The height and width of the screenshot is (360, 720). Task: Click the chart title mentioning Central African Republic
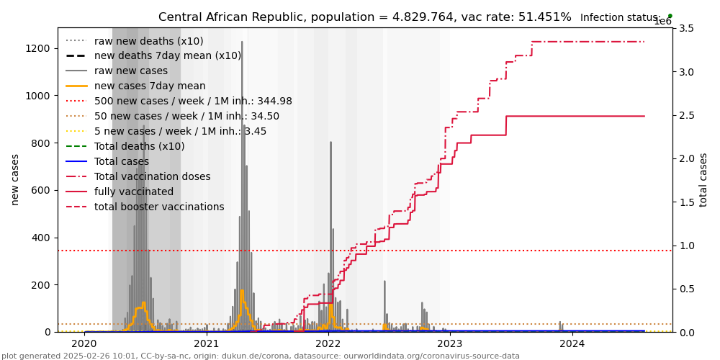click(x=364, y=17)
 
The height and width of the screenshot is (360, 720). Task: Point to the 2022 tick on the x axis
click(x=328, y=344)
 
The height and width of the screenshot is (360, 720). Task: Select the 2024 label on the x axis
click(x=572, y=344)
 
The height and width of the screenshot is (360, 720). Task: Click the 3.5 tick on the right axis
click(x=686, y=28)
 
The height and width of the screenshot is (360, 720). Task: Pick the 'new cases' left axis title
click(x=15, y=179)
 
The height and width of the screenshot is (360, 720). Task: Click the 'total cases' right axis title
click(x=703, y=179)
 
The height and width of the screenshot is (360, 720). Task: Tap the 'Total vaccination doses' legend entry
click(x=152, y=177)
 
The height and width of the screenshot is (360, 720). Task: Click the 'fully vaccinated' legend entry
click(x=134, y=192)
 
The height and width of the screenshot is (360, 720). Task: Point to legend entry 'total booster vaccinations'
click(x=159, y=207)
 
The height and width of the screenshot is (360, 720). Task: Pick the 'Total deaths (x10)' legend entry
click(x=139, y=147)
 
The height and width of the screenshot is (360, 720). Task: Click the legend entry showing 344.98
click(x=193, y=102)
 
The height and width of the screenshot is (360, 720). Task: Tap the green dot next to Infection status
click(x=670, y=15)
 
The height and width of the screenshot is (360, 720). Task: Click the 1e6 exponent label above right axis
click(x=662, y=22)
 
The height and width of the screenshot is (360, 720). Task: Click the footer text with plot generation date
click(x=260, y=356)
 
